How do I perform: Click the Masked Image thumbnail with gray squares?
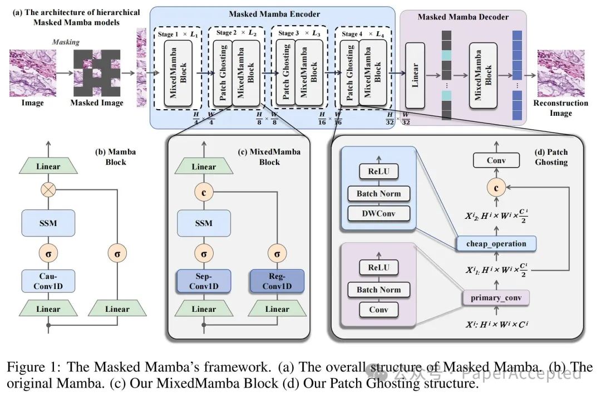pos(97,72)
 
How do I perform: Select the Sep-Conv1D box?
pos(203,281)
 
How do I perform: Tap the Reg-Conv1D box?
pos(277,281)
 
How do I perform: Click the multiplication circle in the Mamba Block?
pos(48,190)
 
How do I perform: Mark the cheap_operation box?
pos(496,243)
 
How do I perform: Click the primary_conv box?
pos(495,298)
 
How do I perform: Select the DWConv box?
pos(378,213)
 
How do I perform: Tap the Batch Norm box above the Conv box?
pos(378,290)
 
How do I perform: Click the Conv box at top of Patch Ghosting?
pos(496,161)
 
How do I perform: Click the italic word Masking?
pos(66,42)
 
